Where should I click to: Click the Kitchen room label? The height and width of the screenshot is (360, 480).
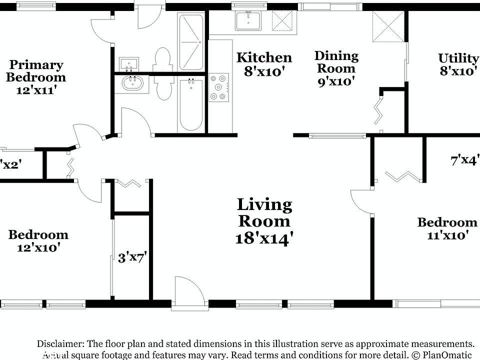pos(264,57)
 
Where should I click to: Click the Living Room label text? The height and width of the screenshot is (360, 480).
pos(264,212)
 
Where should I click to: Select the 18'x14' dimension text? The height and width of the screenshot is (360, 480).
pos(263,238)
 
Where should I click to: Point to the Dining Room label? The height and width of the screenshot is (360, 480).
pos(336,62)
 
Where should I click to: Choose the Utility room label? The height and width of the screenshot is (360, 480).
pos(458,58)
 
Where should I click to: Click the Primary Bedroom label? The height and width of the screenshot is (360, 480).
pos(36,71)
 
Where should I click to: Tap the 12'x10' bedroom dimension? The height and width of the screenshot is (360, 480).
pos(38,247)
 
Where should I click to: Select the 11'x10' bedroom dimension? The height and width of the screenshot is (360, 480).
pos(447,235)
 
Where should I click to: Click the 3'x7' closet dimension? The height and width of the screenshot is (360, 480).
pos(131,258)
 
